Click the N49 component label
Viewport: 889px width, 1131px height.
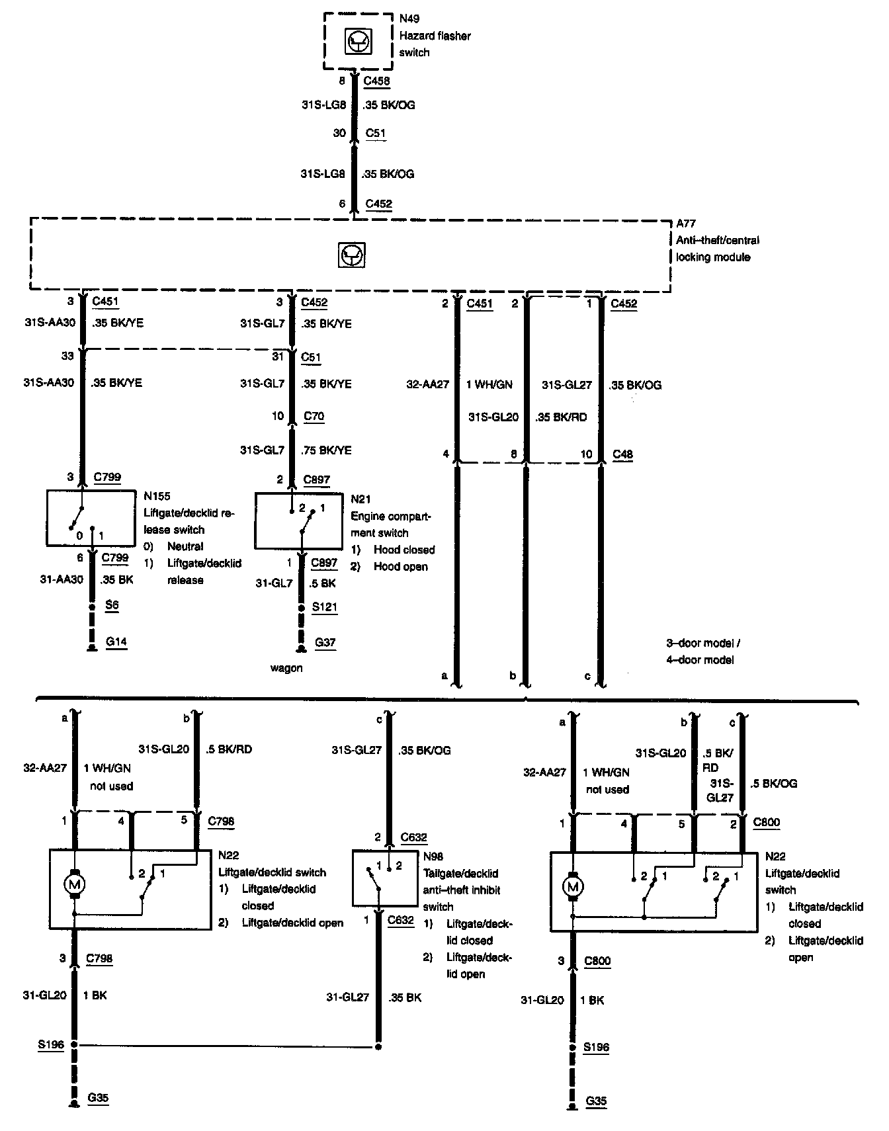coord(409,19)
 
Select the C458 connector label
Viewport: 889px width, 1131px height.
coord(377,81)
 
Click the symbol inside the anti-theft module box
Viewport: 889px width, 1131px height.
coord(351,255)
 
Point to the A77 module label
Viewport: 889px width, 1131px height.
coord(686,224)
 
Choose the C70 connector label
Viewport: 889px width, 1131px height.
coord(314,416)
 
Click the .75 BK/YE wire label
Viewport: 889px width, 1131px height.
coord(326,450)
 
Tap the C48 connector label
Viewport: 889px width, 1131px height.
coord(622,454)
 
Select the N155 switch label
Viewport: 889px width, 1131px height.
coord(157,496)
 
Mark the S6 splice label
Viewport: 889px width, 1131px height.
coord(112,605)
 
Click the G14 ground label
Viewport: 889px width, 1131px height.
coord(116,642)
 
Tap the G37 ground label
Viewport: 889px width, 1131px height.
coord(325,642)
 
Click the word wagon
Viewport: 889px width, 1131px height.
coord(286,668)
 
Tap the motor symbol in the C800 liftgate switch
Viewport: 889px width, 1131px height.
coord(573,886)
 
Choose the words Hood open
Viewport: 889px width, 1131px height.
coord(400,567)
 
